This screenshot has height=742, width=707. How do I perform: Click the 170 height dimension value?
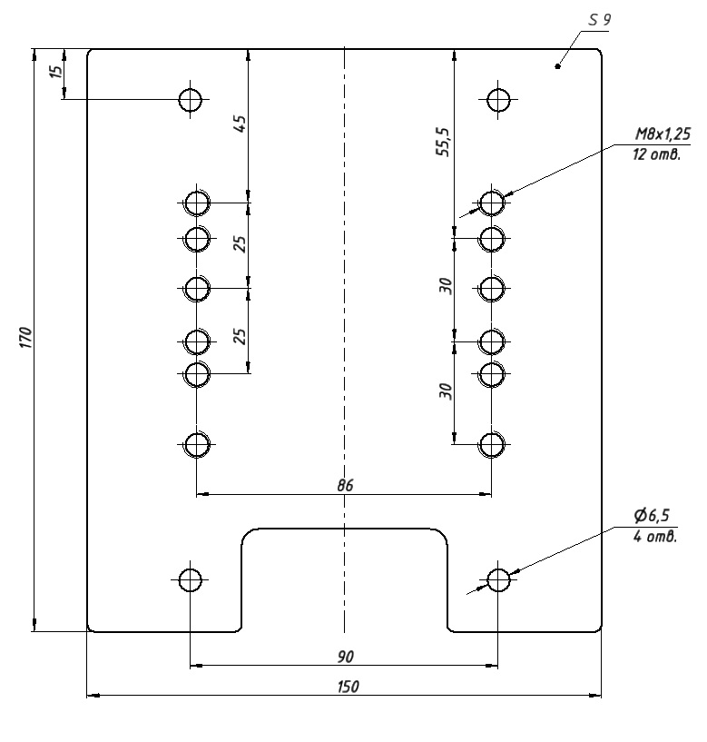coord(26,338)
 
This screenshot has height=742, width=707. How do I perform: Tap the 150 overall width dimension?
coord(344,686)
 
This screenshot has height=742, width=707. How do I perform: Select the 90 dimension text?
coord(344,655)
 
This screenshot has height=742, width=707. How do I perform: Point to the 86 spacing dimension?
coord(344,485)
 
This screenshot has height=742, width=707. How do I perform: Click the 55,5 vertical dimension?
coord(442,143)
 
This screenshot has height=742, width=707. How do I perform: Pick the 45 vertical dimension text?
coord(241,124)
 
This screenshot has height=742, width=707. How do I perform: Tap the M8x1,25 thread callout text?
coord(663,134)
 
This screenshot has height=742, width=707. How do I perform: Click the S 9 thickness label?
coord(600,20)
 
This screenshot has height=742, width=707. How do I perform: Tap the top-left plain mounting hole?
coord(190,99)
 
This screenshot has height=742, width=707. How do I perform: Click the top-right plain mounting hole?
coord(497,99)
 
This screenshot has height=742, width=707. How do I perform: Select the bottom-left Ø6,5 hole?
coord(190,579)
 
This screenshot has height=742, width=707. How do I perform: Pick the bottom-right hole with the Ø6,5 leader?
coord(497,579)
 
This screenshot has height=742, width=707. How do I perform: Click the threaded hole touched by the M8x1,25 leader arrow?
coord(491,202)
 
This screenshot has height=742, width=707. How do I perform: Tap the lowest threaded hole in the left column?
coord(197,444)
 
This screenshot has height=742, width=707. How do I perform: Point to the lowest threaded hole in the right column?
coord(491,444)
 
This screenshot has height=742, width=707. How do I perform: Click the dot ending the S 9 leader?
coord(558,65)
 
